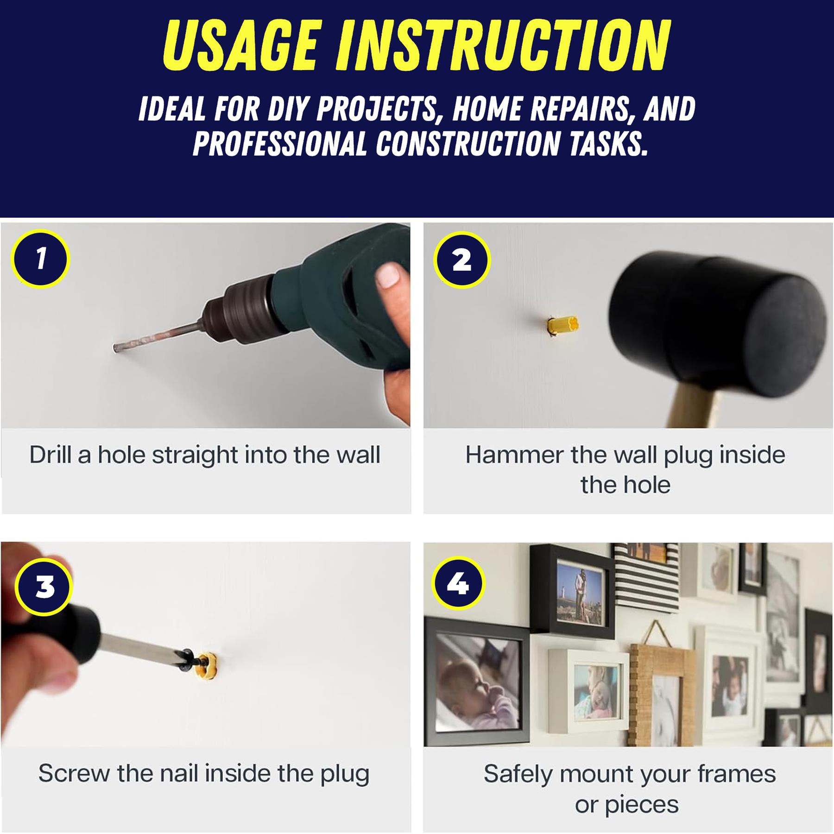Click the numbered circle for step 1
41,259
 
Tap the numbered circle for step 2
461,259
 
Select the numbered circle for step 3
44,586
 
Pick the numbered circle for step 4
458,583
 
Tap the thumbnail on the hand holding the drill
388,275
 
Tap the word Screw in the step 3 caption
74,773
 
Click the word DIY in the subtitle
291,109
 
